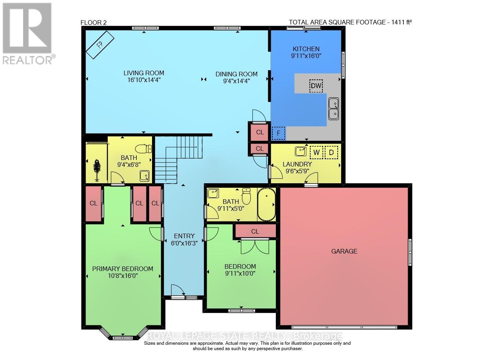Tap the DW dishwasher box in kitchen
tap(316, 86)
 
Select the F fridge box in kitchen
tap(279, 133)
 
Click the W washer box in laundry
tap(316, 152)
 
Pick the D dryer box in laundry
tap(331, 152)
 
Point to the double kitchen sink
tap(334, 108)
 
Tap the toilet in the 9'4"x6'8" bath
tap(145, 149)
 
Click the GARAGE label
tap(344, 251)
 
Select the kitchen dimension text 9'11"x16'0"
tap(306, 56)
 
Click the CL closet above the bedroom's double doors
tap(255, 231)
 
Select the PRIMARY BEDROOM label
tap(123, 268)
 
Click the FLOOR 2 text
tap(93, 23)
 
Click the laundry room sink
tap(300, 151)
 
